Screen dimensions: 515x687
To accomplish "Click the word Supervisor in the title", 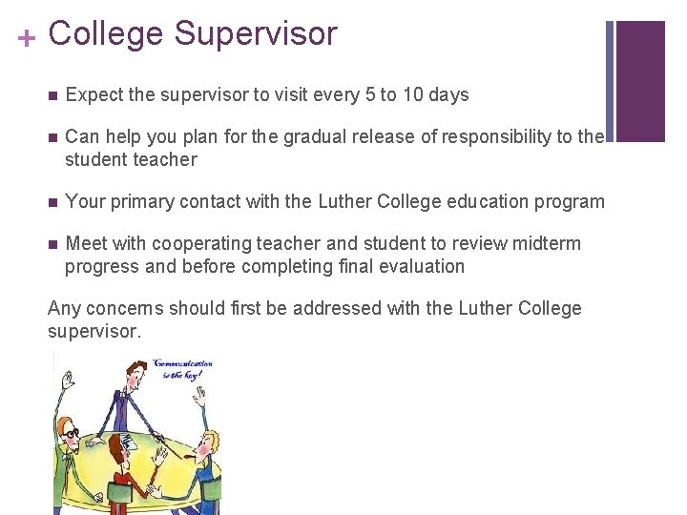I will pyautogui.click(x=255, y=33).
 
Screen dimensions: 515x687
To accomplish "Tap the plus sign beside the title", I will pyautogui.click(x=27, y=37).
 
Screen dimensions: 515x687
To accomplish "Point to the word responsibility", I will pyautogui.click(x=488, y=136).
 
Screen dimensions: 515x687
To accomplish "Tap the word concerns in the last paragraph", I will pyautogui.click(x=126, y=308).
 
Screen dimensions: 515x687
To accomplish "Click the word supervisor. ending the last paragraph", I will pyautogui.click(x=94, y=331).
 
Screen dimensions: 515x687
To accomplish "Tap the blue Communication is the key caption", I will pyautogui.click(x=182, y=370).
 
